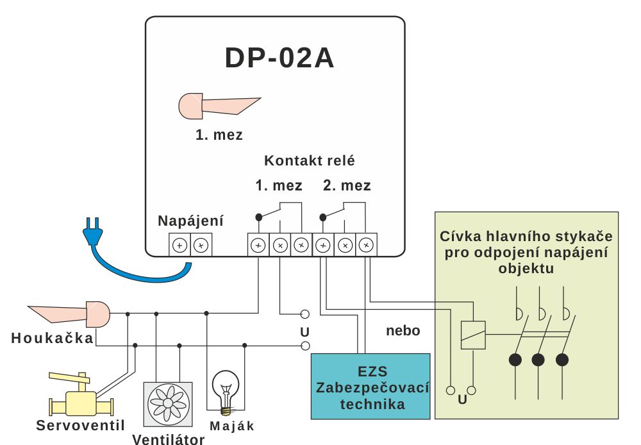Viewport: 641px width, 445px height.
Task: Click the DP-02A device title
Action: (279, 58)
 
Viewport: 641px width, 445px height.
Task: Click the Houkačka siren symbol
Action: (71, 313)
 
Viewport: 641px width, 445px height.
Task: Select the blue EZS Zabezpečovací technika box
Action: (370, 386)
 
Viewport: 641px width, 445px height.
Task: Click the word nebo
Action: (403, 331)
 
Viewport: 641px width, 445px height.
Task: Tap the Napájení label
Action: (190, 221)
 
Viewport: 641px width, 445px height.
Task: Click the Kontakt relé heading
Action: (310, 160)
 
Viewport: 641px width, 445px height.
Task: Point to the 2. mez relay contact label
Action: (347, 186)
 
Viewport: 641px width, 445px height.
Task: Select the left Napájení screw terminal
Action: (179, 244)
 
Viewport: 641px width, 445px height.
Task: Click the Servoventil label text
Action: (80, 424)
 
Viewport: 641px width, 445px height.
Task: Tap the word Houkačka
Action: (52, 338)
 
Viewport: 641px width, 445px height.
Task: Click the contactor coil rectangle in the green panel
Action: (472, 334)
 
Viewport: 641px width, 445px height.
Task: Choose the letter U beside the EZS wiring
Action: (304, 332)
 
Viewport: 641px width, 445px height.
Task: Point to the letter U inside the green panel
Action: (462, 401)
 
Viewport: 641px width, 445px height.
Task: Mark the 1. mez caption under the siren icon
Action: (219, 135)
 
